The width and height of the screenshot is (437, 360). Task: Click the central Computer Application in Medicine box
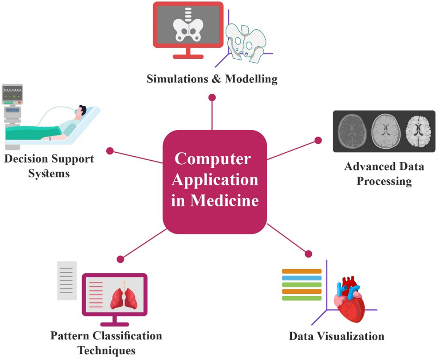(x=215, y=181)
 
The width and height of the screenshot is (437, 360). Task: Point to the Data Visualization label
(x=336, y=335)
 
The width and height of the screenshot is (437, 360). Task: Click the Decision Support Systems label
(x=49, y=166)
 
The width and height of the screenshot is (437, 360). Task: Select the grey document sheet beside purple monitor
(x=67, y=280)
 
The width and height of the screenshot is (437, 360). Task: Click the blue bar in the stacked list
(x=302, y=278)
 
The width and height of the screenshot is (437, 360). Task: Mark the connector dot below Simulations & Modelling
(x=212, y=98)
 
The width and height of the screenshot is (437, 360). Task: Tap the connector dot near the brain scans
(x=318, y=140)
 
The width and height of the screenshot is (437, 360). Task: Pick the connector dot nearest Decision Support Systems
(x=109, y=150)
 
